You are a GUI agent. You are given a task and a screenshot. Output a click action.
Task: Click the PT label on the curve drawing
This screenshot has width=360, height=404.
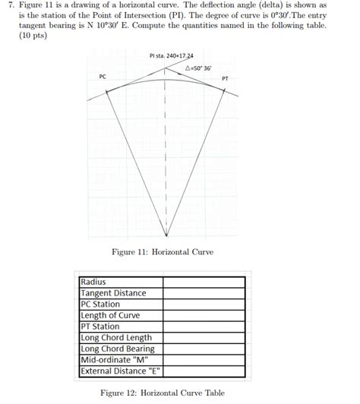click(x=225, y=78)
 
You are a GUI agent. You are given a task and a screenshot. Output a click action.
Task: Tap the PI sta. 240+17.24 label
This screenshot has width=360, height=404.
click(x=171, y=55)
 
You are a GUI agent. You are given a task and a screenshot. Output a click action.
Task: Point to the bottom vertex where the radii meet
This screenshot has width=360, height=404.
click(x=165, y=235)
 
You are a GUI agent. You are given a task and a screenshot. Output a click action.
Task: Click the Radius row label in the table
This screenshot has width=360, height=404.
click(x=94, y=282)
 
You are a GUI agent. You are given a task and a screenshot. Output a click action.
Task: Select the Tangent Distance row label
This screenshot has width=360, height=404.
click(x=113, y=293)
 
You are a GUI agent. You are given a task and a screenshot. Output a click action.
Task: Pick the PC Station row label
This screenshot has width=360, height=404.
click(x=101, y=304)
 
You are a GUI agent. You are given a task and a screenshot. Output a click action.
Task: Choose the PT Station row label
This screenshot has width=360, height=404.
click(x=101, y=327)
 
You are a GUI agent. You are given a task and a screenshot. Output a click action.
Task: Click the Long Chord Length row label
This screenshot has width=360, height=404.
click(x=116, y=338)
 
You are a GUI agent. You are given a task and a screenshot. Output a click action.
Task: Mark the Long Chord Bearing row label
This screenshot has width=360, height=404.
click(x=118, y=349)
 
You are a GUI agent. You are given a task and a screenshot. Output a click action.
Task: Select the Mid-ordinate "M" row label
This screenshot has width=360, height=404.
click(x=114, y=361)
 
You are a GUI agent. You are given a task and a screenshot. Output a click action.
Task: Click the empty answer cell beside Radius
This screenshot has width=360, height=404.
click(x=204, y=282)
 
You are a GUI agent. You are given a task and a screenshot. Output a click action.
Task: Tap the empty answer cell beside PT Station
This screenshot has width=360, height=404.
click(x=204, y=327)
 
